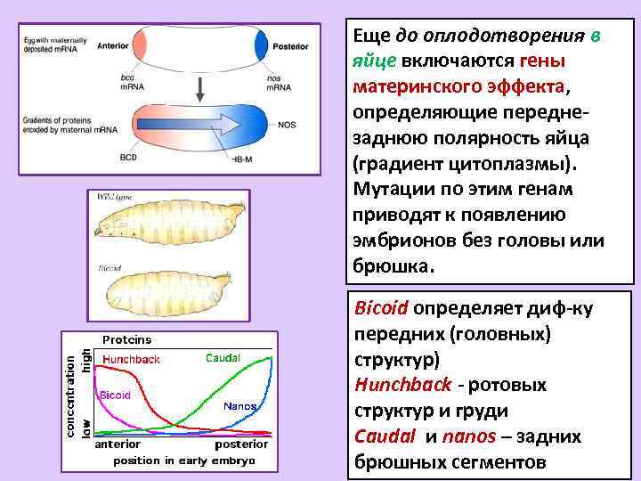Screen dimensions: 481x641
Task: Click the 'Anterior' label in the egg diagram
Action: pos(114,45)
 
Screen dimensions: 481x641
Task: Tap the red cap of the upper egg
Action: pos(141,45)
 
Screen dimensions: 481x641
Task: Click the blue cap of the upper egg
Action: pos(262,45)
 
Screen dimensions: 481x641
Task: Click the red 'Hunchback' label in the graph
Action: pos(131,359)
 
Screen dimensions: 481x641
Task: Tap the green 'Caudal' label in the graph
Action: pos(223,358)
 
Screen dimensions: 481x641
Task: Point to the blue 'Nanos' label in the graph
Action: pos(240,406)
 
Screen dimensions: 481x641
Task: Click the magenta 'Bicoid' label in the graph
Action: pos(116,395)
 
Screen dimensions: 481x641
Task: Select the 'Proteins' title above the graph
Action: pos(126,339)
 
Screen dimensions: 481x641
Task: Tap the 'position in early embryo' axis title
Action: pos(183,461)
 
